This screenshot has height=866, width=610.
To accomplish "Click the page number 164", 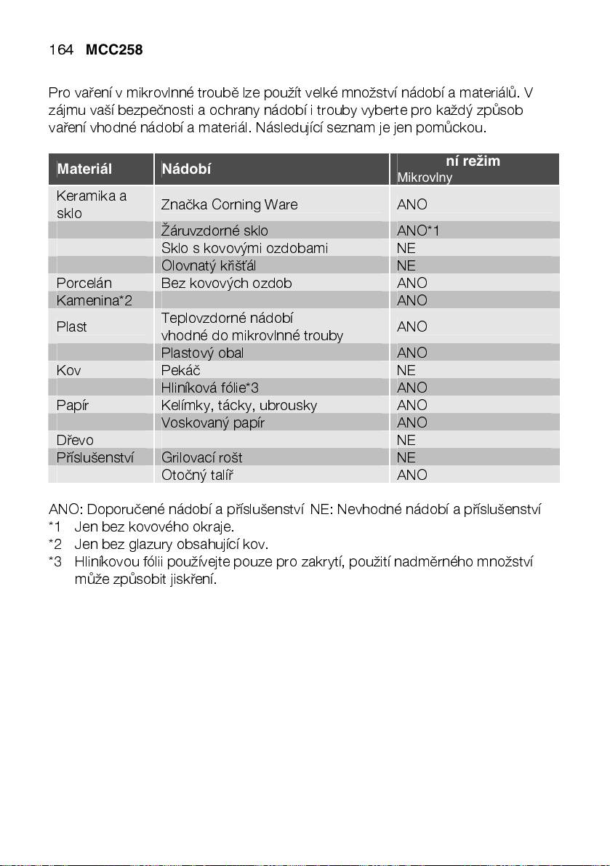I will [60, 50].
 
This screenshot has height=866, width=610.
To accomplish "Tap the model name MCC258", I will [113, 50].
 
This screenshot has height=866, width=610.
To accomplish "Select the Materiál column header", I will [84, 169].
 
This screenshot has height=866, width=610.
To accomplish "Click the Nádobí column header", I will [186, 169].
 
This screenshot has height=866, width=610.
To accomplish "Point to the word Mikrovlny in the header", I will [425, 178].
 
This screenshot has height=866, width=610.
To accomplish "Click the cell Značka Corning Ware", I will [229, 205].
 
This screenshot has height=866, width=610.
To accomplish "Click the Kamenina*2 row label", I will [95, 301].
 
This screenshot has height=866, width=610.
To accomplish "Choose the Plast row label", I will [72, 327].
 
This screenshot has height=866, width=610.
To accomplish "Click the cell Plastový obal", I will [202, 353].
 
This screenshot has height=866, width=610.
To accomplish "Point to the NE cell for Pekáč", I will [406, 371].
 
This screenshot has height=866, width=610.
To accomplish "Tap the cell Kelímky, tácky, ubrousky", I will [238, 406].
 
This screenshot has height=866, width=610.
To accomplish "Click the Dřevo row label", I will [75, 441].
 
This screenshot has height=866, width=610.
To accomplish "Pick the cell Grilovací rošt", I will [201, 458].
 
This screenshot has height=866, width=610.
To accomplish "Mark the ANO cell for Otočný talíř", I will [412, 476].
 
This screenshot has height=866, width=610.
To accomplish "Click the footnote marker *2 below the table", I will [55, 544].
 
